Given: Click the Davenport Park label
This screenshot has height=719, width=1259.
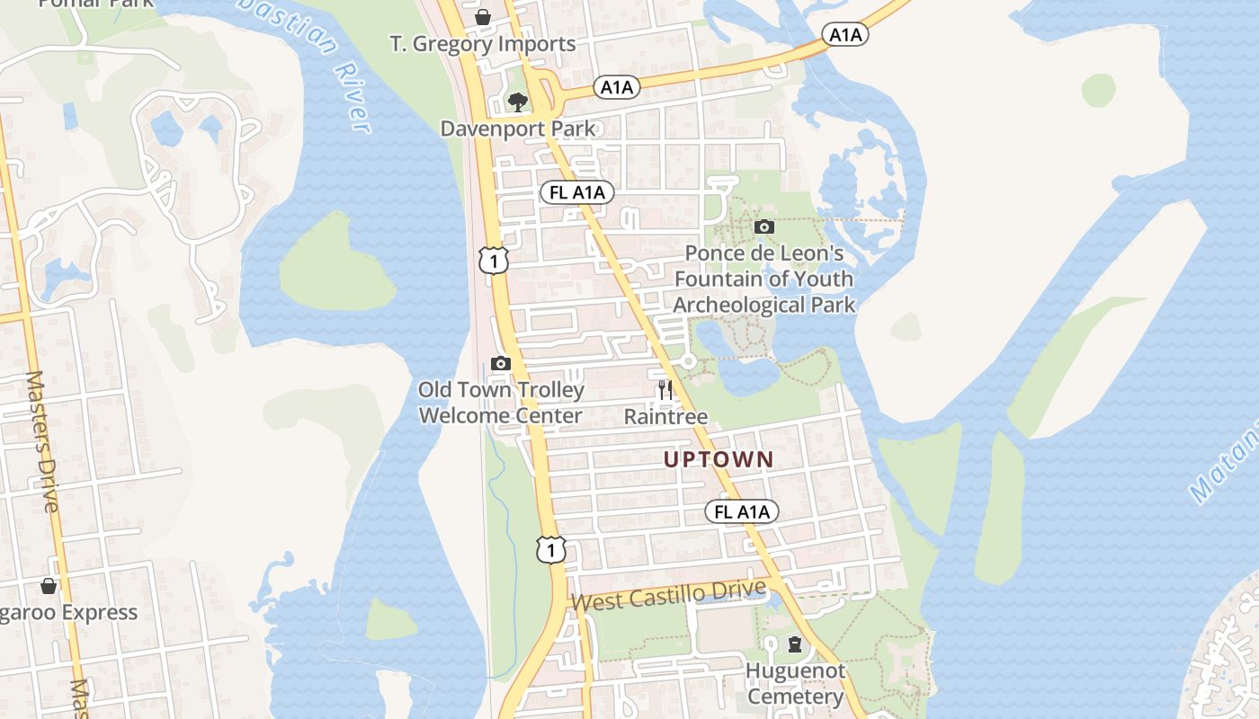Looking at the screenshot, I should (x=517, y=129).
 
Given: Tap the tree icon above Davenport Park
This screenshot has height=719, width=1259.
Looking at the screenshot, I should (x=517, y=102).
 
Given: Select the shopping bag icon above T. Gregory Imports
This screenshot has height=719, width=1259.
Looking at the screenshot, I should (x=483, y=17).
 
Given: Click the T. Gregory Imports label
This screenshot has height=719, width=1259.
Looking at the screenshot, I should (x=482, y=44).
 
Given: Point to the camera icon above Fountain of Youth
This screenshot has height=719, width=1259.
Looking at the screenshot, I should (x=763, y=226).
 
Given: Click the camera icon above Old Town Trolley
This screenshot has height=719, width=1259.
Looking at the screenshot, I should (x=501, y=363).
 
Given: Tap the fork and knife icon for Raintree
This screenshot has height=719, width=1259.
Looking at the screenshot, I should (x=665, y=390).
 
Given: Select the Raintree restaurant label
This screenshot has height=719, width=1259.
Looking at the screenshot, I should (x=665, y=417).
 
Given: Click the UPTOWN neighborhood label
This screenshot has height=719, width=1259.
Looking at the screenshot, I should (x=719, y=459).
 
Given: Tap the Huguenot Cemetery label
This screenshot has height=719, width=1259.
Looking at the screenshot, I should (x=795, y=684).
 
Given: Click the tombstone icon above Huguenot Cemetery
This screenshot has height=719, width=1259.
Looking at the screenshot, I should (x=795, y=644).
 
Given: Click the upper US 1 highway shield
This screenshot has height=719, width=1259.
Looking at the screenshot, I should (x=494, y=260).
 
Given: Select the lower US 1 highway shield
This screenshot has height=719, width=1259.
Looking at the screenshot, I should (x=551, y=549).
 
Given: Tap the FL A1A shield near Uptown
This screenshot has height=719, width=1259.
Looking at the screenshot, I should (x=741, y=512).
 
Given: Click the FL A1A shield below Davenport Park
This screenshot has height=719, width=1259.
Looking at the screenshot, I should (x=577, y=192).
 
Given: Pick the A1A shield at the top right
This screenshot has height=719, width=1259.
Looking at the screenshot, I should (x=845, y=35).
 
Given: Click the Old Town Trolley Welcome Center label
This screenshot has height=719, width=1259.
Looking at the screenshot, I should (x=501, y=404).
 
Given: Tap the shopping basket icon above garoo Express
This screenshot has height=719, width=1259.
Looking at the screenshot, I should (x=49, y=586).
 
